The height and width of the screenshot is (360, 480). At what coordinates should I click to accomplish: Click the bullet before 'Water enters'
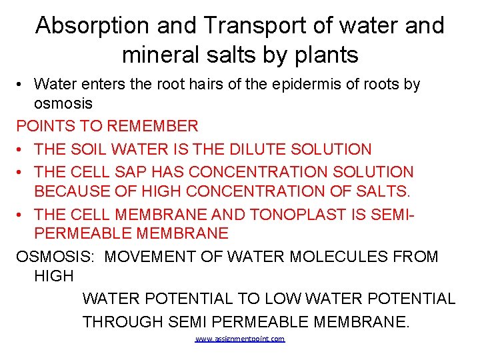coord(21,85)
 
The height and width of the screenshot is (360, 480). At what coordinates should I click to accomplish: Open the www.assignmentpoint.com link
coord(240,339)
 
